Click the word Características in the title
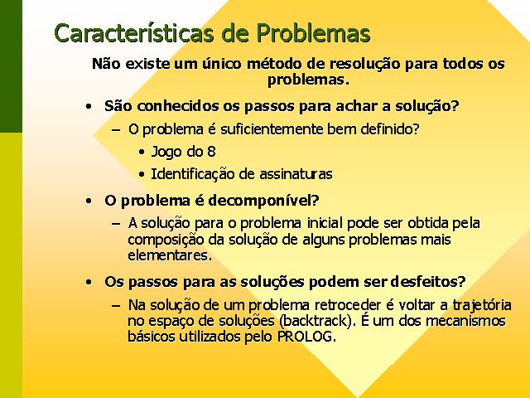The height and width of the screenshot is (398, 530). click(x=134, y=33)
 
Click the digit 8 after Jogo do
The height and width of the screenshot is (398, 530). click(x=212, y=151)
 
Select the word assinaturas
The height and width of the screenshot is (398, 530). click(x=296, y=174)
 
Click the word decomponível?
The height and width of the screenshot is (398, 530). click(x=263, y=201)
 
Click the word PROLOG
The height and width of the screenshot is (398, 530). click(x=306, y=337)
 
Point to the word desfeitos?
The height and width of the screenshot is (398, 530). click(x=428, y=282)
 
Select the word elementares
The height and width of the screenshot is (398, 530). click(x=170, y=255)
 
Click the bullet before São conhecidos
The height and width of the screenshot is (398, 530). click(x=89, y=107)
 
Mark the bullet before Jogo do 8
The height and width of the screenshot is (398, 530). click(x=142, y=153)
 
